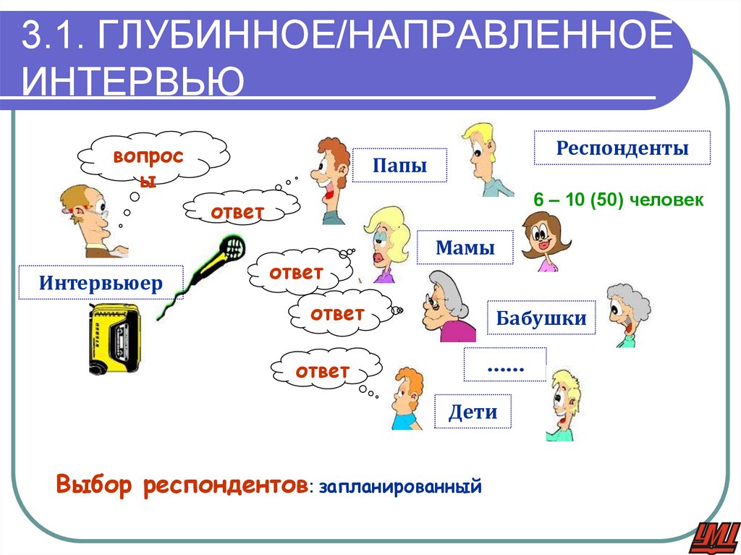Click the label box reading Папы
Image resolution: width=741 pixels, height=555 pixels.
399,166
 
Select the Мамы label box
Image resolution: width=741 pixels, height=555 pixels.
465,248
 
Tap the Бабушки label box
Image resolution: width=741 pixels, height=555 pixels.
541,317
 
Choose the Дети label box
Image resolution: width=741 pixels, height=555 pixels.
473,412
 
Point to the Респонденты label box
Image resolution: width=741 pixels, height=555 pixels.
622,148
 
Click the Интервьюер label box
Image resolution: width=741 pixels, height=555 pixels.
101,282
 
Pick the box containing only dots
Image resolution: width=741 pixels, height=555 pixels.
504,365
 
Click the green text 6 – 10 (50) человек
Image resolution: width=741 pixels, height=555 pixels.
618,200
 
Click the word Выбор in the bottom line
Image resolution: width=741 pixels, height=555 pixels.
95,486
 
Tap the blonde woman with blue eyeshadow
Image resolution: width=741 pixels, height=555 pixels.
386,240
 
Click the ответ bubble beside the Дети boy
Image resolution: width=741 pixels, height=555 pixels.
322,370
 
